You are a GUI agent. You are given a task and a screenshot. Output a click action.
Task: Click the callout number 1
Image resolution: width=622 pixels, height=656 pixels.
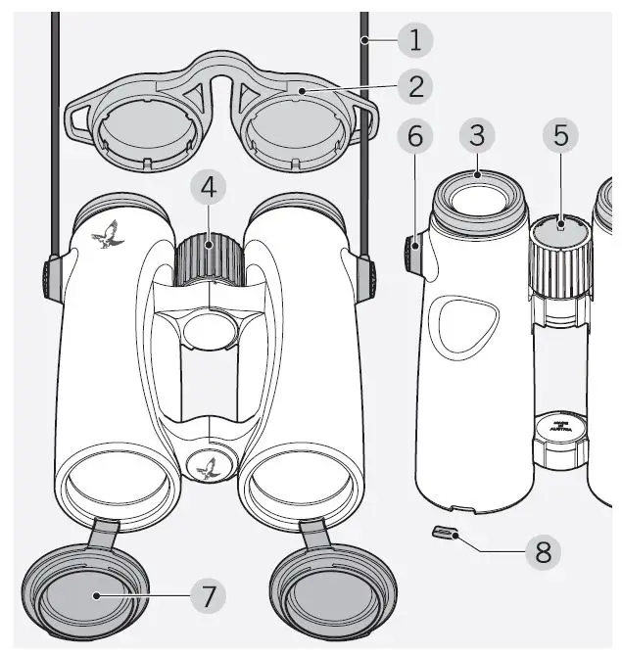(x=415, y=40)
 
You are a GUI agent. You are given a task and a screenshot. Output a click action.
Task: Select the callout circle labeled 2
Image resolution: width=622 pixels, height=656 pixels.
(x=416, y=87)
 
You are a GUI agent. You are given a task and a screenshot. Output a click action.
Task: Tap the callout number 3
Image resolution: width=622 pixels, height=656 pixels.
(x=476, y=136)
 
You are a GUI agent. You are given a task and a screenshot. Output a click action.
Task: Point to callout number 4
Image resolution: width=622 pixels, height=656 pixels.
(x=208, y=186)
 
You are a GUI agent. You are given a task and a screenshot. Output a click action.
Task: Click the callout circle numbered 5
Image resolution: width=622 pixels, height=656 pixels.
(x=560, y=136)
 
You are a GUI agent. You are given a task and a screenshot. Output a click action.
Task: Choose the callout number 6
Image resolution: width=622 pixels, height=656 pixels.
(x=414, y=136)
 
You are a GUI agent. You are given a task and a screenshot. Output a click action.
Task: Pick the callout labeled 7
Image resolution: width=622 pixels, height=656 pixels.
(x=208, y=594)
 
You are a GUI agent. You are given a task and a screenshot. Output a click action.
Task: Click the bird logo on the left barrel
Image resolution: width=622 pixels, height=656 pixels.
(x=106, y=236)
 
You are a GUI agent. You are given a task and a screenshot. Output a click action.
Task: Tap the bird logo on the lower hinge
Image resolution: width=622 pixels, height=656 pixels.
(x=208, y=469)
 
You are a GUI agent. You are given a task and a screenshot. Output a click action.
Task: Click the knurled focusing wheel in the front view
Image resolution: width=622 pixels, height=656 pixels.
(x=209, y=258)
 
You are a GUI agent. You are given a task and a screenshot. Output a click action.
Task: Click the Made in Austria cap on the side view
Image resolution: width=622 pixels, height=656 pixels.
(x=560, y=429)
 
